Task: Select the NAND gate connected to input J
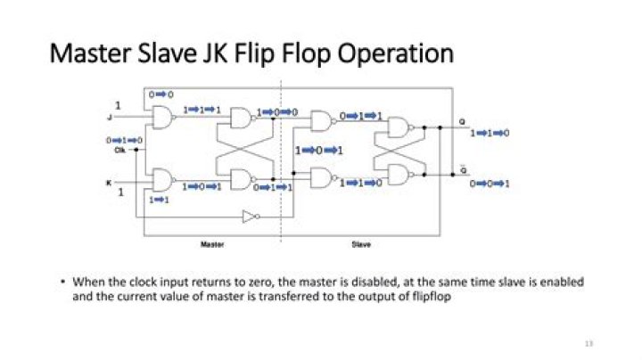[x=164, y=117]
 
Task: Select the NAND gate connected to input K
[x=164, y=181]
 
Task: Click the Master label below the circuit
[x=211, y=242]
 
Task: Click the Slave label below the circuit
[x=359, y=242]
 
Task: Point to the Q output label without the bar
[x=462, y=121]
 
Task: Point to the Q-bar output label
[x=462, y=168]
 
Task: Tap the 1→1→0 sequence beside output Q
[x=490, y=133]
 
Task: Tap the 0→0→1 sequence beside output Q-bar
[x=490, y=184]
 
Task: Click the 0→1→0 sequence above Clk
[x=125, y=140]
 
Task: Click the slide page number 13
[x=588, y=343]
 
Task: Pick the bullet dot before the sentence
[x=63, y=282]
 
